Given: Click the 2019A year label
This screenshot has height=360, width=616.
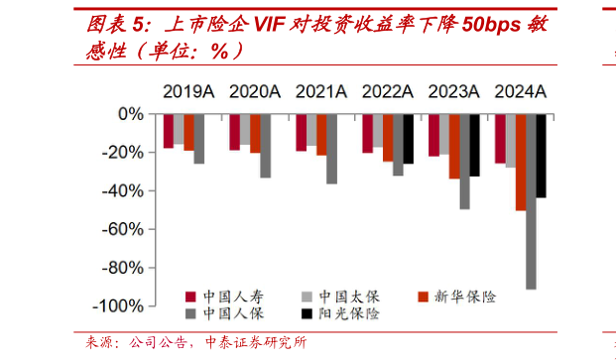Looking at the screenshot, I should [x=188, y=92].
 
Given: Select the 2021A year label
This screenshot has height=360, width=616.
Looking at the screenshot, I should [x=320, y=92].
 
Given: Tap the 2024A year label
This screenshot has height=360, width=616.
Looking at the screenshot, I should [x=521, y=92].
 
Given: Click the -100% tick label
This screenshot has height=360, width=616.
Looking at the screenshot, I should [x=119, y=306].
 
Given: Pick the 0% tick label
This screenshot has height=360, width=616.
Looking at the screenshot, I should [x=131, y=115].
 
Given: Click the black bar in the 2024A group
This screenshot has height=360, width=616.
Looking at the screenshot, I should [x=542, y=156].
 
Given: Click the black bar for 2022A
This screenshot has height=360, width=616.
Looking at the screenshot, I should [x=409, y=139].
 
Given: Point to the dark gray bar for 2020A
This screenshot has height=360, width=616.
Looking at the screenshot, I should [x=266, y=146].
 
